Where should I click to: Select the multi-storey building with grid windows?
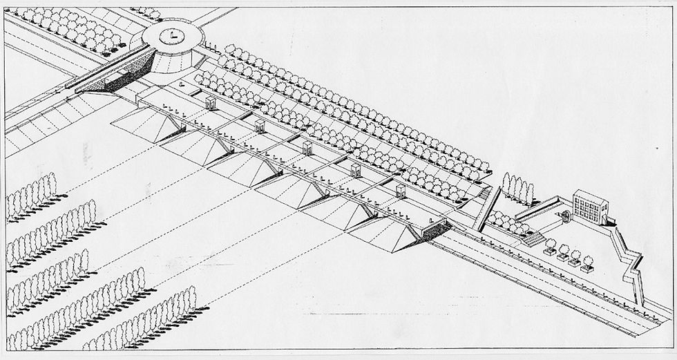590,206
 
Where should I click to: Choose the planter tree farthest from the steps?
588,263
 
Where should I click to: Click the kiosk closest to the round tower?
210,103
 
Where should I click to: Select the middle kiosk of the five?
307,146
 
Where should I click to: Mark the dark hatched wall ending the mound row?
435,229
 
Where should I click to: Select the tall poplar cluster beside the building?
518,187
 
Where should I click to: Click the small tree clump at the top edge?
146,12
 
